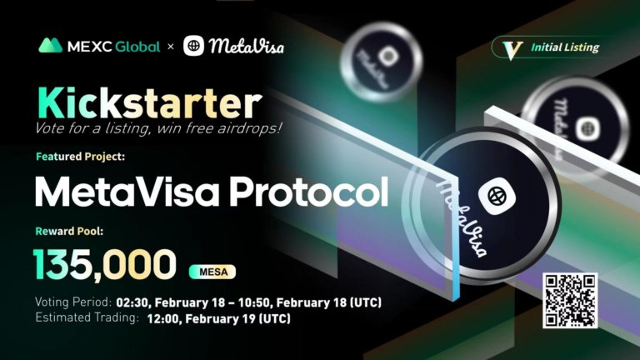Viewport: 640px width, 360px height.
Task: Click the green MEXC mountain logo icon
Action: pos(51,45)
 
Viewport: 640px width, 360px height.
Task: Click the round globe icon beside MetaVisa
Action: pos(194,45)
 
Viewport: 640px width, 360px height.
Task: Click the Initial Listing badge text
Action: pos(565,47)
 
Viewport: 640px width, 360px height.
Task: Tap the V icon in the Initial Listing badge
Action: pos(509,47)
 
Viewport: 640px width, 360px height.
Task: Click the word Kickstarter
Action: pos(147,103)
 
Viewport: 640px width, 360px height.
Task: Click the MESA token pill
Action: pos(213,272)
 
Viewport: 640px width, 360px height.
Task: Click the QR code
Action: pos(570,301)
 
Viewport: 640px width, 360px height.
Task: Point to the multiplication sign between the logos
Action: pos(172,47)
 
